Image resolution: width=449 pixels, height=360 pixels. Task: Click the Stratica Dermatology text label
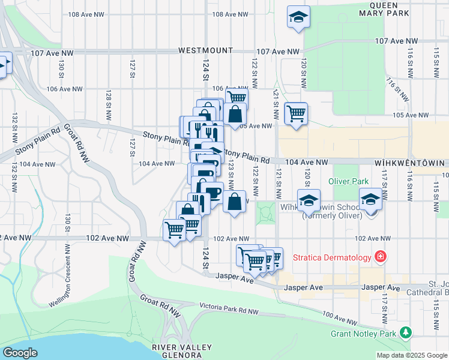click(x=332, y=257)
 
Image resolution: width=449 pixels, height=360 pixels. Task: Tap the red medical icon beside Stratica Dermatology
click(x=379, y=257)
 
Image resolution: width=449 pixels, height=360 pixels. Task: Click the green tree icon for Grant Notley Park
click(x=406, y=332)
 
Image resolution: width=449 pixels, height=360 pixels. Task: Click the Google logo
click(x=20, y=352)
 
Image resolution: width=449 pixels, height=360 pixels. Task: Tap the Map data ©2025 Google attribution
click(x=411, y=355)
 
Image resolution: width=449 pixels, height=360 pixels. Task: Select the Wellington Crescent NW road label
click(x=67, y=277)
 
